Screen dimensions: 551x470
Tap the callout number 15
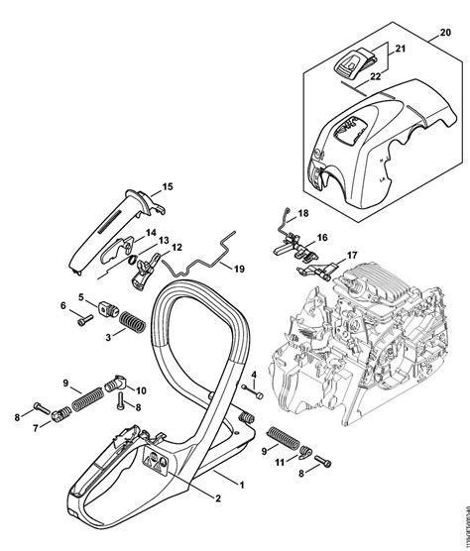click(168, 186)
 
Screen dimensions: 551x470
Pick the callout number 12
click(176, 248)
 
